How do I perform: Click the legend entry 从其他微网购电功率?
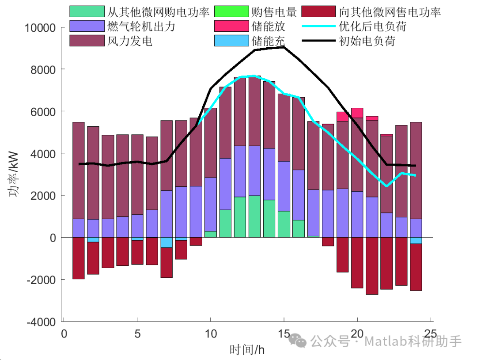pos(158,11)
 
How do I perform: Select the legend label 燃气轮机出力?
pos(141,27)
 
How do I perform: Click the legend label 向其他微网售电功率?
pos(390,11)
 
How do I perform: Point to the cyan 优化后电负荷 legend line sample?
pos(318,27)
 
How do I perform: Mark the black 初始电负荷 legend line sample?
pos(318,41)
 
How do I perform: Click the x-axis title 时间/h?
pos(247,350)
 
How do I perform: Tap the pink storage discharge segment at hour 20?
pos(357,113)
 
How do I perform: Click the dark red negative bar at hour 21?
pos(371,265)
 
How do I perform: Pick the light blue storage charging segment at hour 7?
pos(167,243)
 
